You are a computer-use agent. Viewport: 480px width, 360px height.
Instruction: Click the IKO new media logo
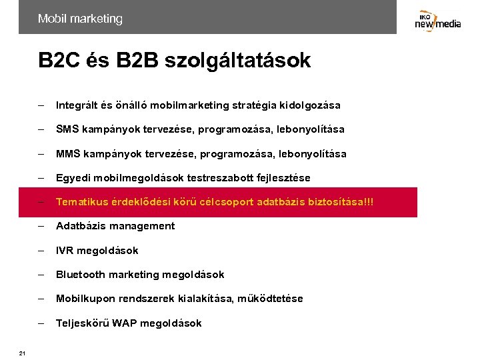click(437, 21)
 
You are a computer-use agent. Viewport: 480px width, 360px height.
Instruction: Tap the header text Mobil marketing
click(80, 19)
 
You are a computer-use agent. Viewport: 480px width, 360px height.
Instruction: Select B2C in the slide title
click(59, 61)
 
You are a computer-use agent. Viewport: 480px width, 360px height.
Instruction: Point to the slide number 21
click(22, 353)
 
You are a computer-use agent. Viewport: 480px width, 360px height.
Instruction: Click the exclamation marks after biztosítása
click(369, 202)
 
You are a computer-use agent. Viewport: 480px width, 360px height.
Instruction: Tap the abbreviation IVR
click(65, 251)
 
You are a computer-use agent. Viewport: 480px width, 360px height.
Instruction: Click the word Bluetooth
click(81, 275)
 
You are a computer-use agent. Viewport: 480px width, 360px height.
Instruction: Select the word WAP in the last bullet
click(125, 323)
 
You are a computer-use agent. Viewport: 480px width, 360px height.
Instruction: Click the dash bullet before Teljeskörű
click(41, 323)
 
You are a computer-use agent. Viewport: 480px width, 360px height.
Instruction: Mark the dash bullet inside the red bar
click(41, 202)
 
